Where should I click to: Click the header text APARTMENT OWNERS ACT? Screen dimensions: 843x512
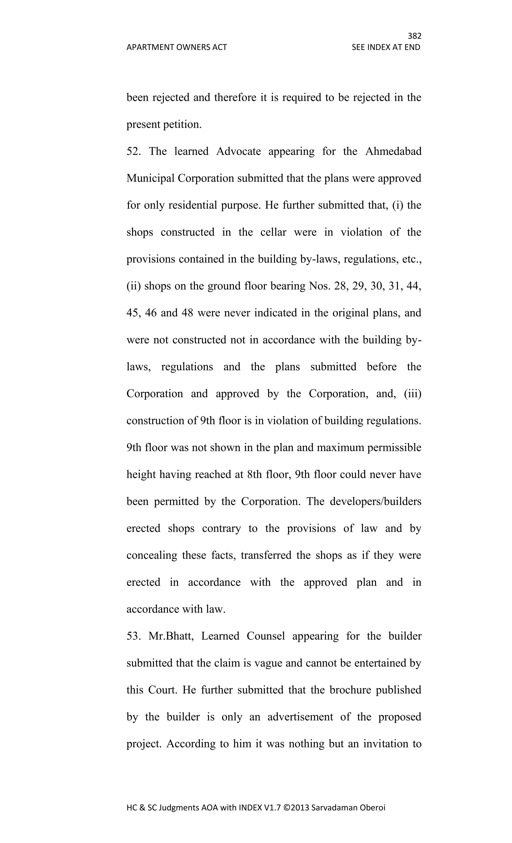(x=176, y=47)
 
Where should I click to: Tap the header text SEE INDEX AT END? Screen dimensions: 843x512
(x=386, y=47)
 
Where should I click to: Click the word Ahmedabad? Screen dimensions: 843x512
(x=393, y=151)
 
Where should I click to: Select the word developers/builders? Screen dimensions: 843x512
(x=375, y=501)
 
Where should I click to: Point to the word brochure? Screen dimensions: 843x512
(x=349, y=690)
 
